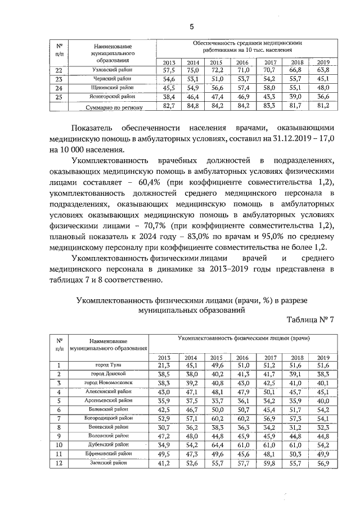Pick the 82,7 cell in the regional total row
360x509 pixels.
coord(169,106)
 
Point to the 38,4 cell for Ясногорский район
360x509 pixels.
coord(169,97)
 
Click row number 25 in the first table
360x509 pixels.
coord(60,97)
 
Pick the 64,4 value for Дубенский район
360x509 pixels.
coord(217,444)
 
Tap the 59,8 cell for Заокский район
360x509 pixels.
coord(270,463)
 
